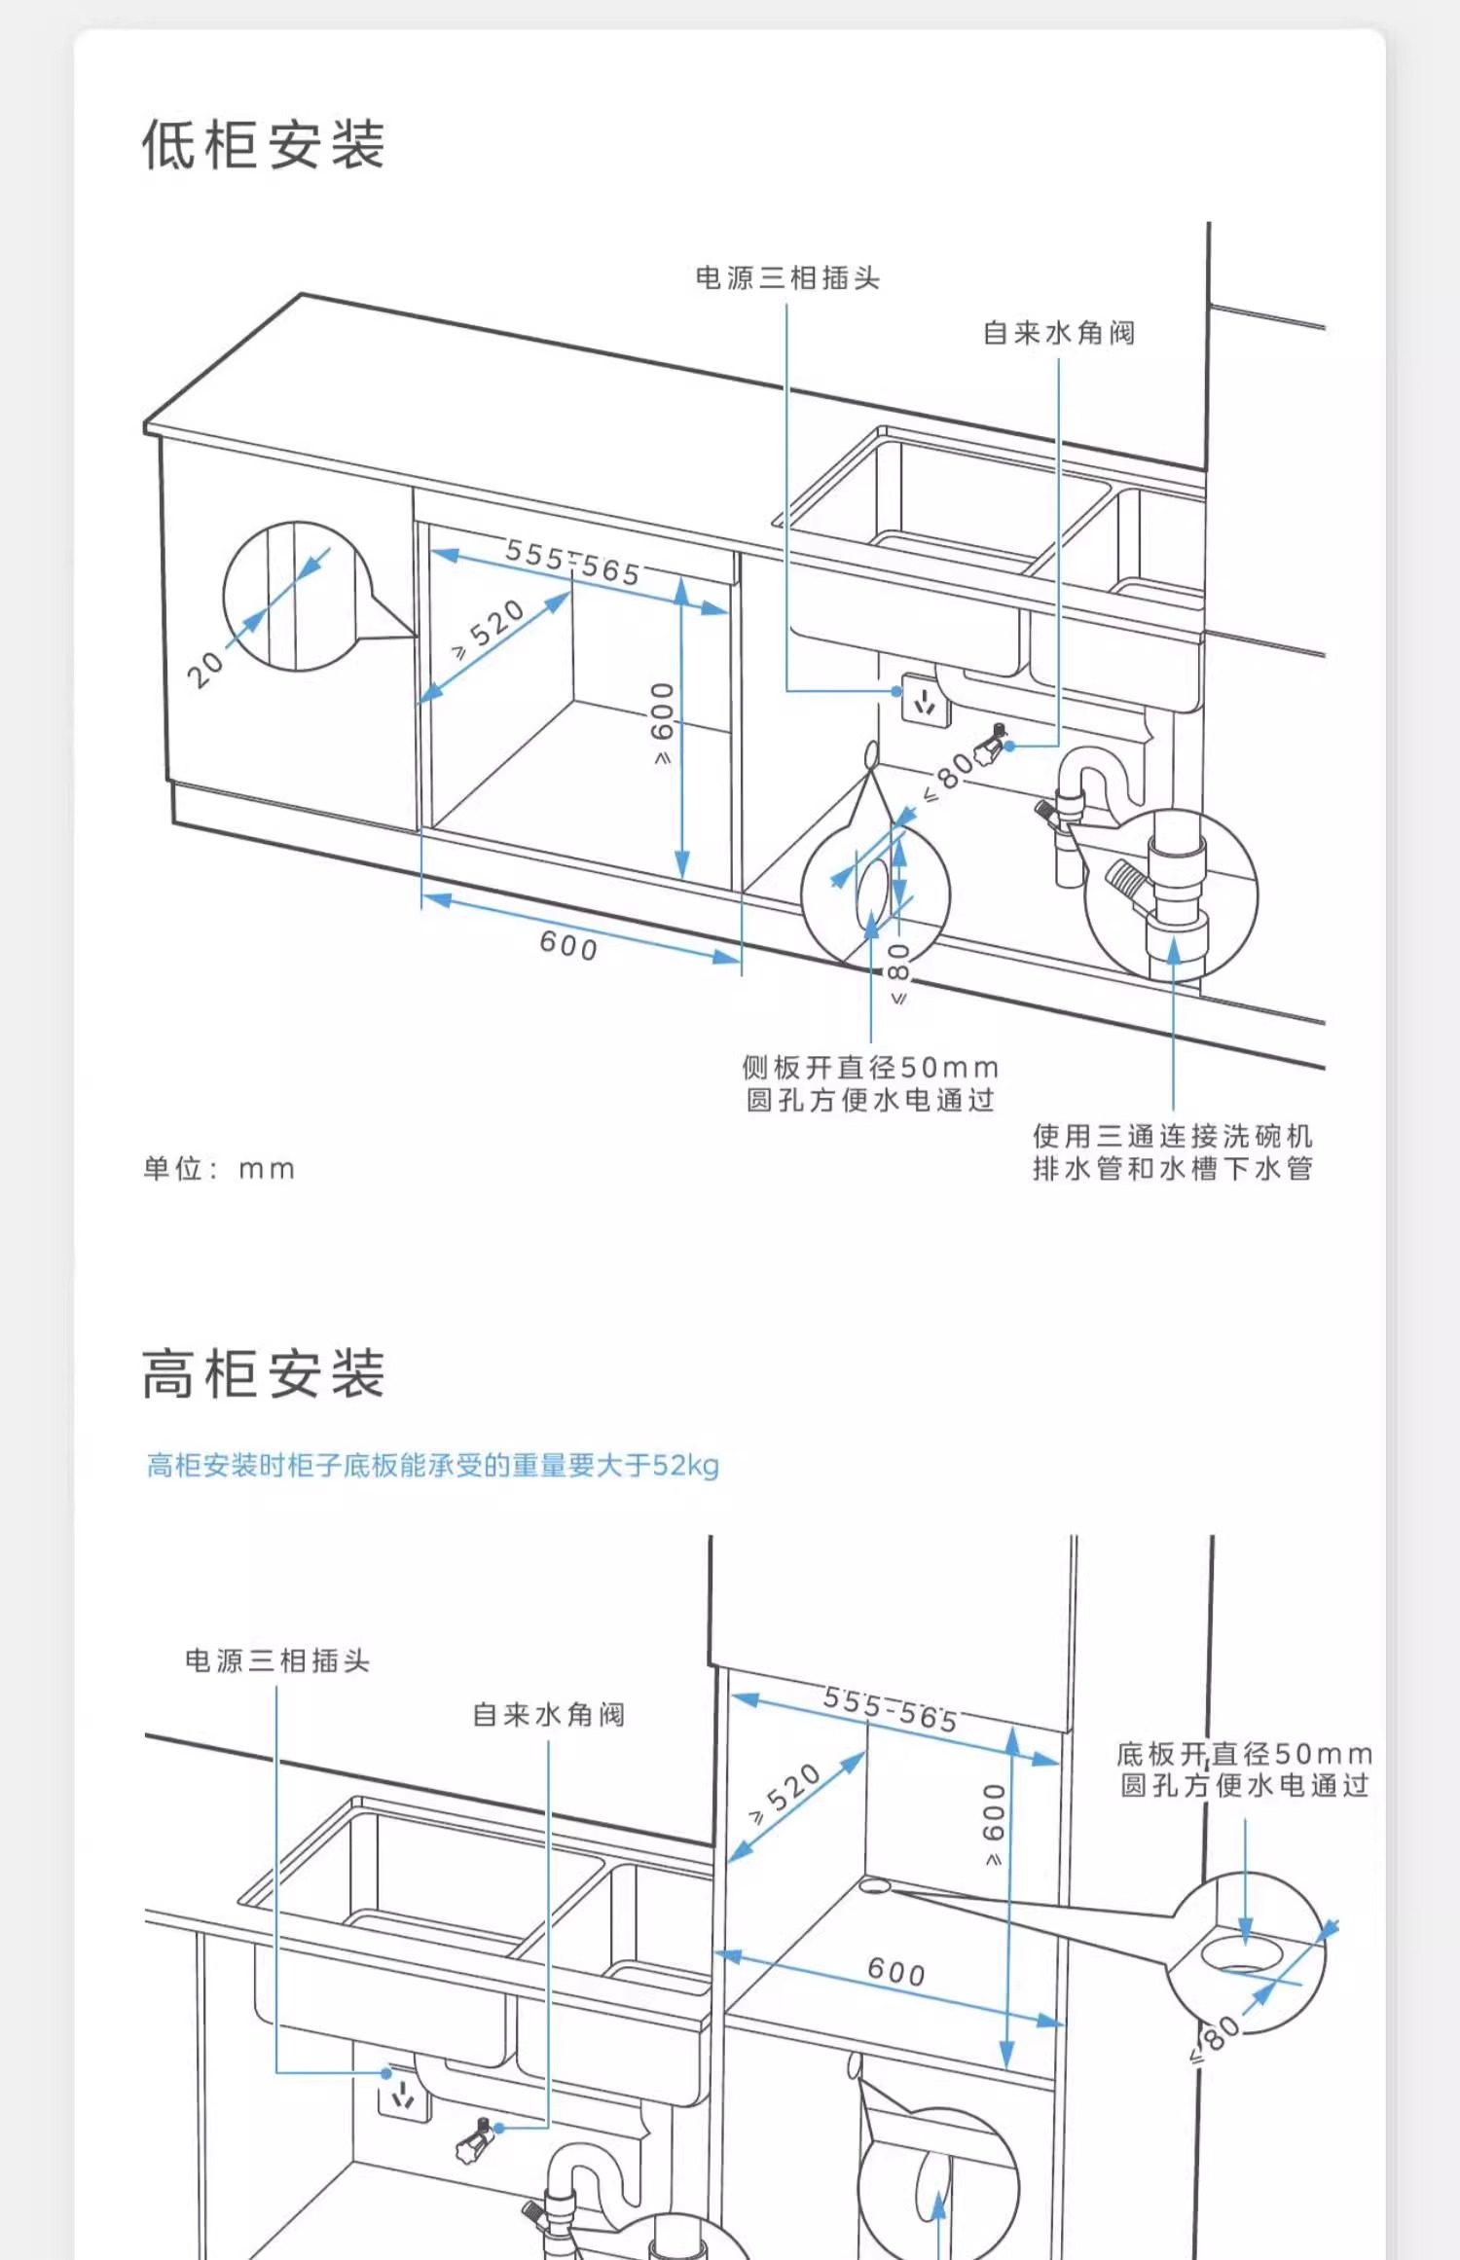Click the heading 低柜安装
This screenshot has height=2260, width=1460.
point(264,145)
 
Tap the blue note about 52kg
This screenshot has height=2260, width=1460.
point(432,1465)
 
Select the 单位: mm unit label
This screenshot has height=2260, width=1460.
point(219,1168)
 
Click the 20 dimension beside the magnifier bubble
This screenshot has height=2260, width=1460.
point(205,669)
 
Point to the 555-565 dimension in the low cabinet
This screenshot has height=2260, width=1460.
point(573,563)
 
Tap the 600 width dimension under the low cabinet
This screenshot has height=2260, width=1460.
point(569,944)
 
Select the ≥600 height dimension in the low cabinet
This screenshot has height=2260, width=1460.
point(662,722)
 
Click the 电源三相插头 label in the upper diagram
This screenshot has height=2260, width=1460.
point(787,278)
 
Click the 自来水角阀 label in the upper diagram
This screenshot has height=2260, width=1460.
point(1059,333)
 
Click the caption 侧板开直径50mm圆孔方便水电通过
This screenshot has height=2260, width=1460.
point(870,1083)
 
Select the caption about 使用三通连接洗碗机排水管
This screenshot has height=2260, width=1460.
point(1173,1151)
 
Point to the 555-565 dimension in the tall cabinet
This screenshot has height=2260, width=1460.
point(891,1709)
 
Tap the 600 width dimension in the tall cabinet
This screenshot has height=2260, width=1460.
point(896,1971)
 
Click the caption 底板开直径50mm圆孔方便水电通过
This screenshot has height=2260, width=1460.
point(1245,1769)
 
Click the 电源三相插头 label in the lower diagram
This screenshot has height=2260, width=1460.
point(277,1660)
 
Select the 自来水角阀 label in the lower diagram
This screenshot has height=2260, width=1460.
point(548,1714)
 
